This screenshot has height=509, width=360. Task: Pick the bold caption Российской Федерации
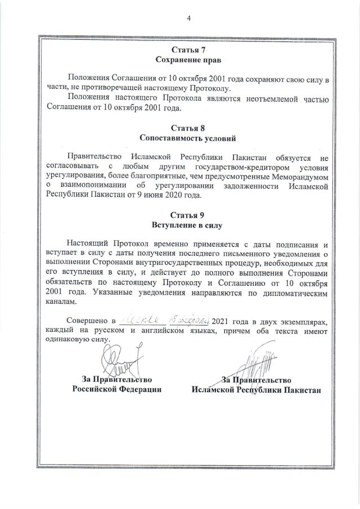coord(116,389)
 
